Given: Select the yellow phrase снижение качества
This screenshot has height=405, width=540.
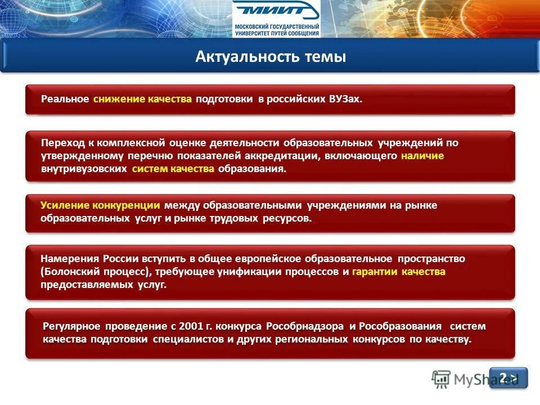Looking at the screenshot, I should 143,99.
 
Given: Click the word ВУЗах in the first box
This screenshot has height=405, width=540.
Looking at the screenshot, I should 344,99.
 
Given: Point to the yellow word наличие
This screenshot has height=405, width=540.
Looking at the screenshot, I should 422,156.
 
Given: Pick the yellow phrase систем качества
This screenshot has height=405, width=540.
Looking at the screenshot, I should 173,169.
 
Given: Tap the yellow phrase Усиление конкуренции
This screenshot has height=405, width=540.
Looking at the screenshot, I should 100,205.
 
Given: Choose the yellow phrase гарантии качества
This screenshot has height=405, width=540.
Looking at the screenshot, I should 398,272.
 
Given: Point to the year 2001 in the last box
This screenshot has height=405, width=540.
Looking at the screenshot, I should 188,326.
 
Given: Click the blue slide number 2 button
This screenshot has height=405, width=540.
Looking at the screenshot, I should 508,377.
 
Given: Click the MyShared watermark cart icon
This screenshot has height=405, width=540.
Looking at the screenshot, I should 441,379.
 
